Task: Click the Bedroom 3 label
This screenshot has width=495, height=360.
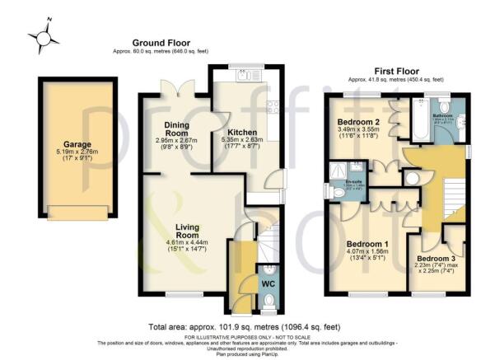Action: [436, 259]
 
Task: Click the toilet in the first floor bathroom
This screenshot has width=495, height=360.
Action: [444, 105]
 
